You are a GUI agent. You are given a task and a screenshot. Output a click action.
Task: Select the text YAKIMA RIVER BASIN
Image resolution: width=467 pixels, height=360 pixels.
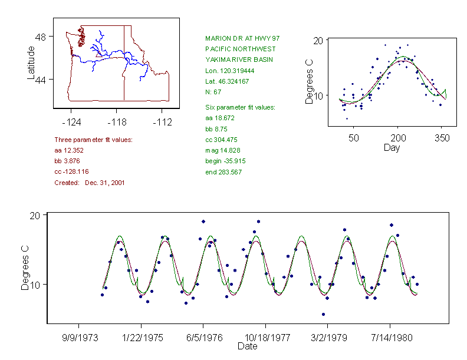click(x=233, y=60)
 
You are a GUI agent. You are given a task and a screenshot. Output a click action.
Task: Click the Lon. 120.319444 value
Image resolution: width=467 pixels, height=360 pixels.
click(x=225, y=71)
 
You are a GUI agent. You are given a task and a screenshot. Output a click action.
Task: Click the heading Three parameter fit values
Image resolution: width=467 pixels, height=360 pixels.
click(x=93, y=140)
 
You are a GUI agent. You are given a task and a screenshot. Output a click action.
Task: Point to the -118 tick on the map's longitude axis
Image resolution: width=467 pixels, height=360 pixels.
click(x=116, y=123)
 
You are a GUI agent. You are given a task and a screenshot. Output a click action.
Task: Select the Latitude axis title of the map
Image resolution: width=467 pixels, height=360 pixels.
click(x=32, y=63)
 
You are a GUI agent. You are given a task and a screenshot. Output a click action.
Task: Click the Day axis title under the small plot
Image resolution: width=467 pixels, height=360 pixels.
click(x=391, y=147)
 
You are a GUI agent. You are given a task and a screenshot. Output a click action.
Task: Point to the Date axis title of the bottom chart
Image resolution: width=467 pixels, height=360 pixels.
click(x=247, y=346)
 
